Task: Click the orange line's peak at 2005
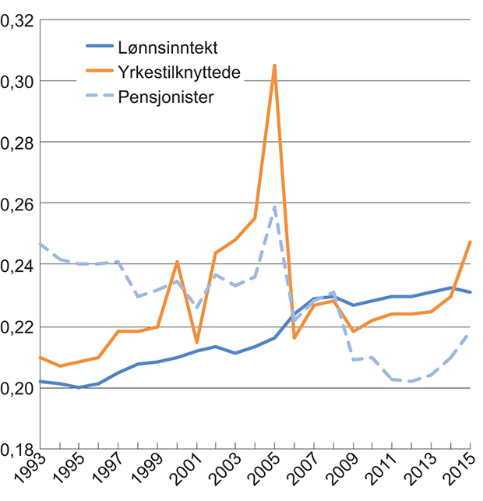click(x=274, y=65)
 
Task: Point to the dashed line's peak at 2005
click(x=274, y=206)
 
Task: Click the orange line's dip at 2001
click(x=196, y=342)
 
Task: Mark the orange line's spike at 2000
click(x=177, y=262)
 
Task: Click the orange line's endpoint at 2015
click(x=471, y=242)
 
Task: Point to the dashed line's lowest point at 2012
click(x=411, y=381)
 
